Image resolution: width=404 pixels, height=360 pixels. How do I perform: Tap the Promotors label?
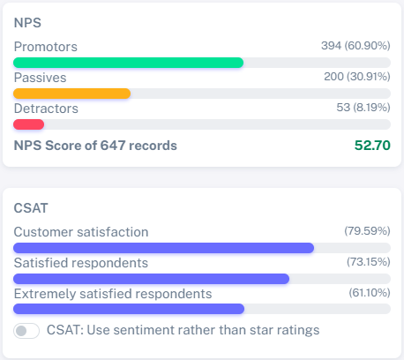point(46,46)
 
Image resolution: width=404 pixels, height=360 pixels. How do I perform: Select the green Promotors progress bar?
point(128,62)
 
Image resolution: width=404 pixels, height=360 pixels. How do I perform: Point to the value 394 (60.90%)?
point(355,46)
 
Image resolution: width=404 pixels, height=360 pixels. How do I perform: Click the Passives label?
point(41,78)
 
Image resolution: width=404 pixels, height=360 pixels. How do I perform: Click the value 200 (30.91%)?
point(357,78)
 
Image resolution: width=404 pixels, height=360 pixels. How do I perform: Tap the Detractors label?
point(46,109)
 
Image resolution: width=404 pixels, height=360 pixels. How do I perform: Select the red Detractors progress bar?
point(29,124)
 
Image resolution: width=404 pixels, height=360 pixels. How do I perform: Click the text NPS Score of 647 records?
point(95,145)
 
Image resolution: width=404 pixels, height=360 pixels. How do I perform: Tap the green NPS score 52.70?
point(372,145)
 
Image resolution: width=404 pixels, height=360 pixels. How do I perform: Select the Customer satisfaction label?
point(81,231)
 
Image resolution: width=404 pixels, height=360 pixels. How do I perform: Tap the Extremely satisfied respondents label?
point(113,294)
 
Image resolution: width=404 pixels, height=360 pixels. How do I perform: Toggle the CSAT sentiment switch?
point(27,331)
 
